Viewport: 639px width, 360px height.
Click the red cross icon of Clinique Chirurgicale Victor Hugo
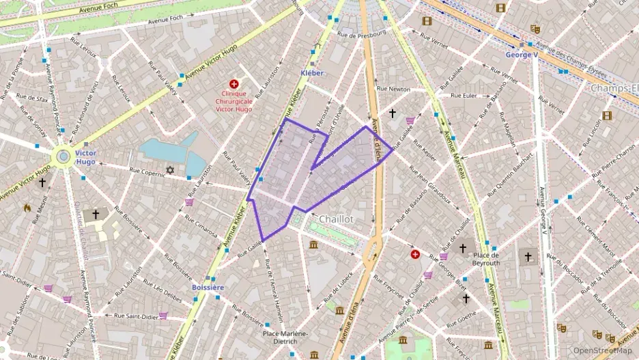click(x=234, y=83)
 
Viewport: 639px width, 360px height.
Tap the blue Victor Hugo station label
click(x=85, y=158)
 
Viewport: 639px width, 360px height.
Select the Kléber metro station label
click(x=311, y=72)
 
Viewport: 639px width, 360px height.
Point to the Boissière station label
click(x=208, y=288)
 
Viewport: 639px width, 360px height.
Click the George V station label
click(x=522, y=54)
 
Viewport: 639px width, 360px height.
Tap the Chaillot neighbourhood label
click(x=336, y=219)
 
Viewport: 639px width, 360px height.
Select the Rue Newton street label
click(x=394, y=89)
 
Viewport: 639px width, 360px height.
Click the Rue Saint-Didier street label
click(x=136, y=316)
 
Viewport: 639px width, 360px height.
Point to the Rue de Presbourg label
click(x=362, y=33)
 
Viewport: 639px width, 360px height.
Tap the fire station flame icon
click(x=28, y=208)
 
